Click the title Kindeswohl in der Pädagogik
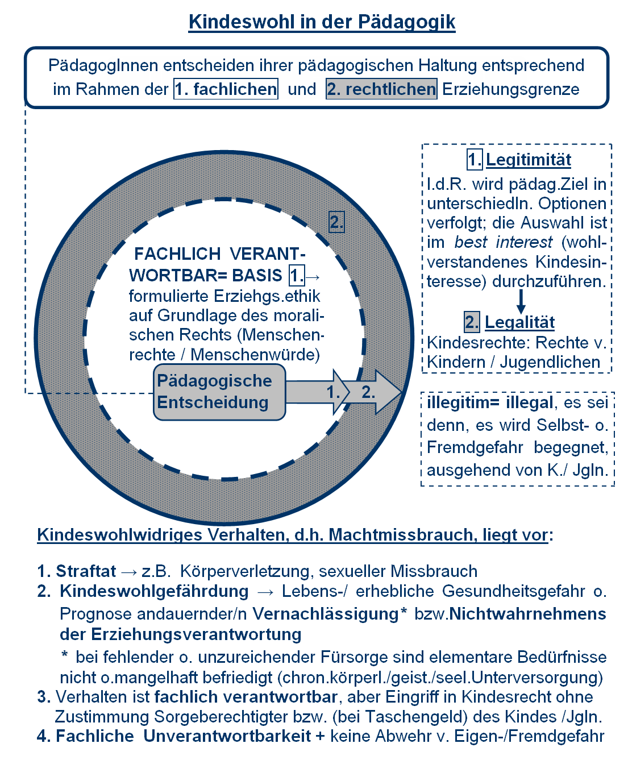[x=322, y=22]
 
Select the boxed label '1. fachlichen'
[x=226, y=89]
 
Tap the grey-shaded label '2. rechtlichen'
[x=381, y=89]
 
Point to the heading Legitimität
[x=529, y=160]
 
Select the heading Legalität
[x=519, y=322]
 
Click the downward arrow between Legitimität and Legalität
[x=521, y=301]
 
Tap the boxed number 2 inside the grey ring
[x=336, y=222]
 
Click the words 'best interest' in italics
[x=503, y=242]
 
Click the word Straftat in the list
[x=86, y=571]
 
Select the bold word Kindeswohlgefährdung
[x=154, y=591]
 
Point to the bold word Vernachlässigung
[x=325, y=614]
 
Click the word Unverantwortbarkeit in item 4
[x=227, y=736]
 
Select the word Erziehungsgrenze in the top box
[x=510, y=89]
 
